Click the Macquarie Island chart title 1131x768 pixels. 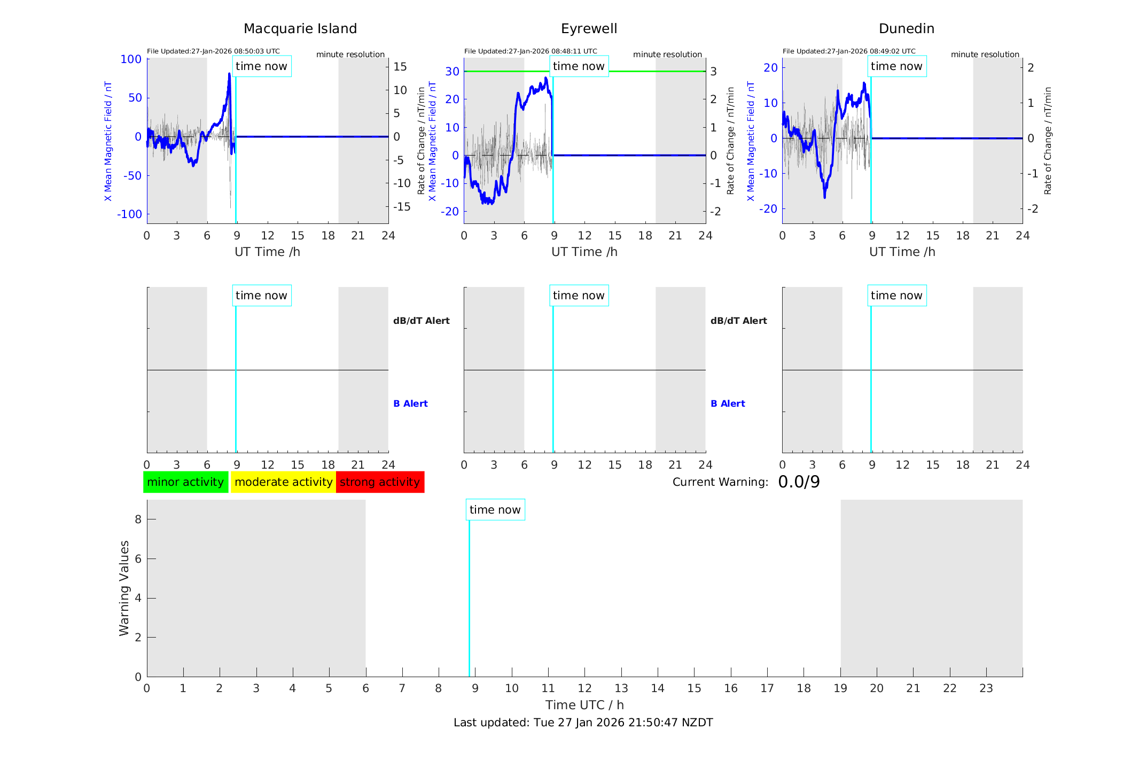[300, 29]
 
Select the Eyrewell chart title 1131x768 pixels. [589, 29]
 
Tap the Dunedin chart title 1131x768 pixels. [906, 29]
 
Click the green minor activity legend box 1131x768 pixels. [185, 482]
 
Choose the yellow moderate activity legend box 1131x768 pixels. [283, 482]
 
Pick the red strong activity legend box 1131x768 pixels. [380, 482]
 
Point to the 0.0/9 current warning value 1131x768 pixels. [799, 482]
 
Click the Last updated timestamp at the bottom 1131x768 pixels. [583, 723]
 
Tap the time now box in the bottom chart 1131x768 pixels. [495, 510]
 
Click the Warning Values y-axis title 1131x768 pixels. [124, 588]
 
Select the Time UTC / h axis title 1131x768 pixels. [584, 705]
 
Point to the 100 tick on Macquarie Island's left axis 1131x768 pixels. [131, 59]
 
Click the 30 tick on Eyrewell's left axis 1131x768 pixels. [452, 72]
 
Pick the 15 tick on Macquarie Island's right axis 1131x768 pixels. [400, 67]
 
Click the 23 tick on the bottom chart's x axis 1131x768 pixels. [986, 688]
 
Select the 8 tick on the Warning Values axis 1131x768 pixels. [138, 519]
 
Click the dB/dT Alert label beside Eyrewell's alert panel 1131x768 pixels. [738, 321]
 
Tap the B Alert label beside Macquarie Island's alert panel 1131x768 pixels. [410, 404]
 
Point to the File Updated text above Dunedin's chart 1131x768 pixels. [848, 51]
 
